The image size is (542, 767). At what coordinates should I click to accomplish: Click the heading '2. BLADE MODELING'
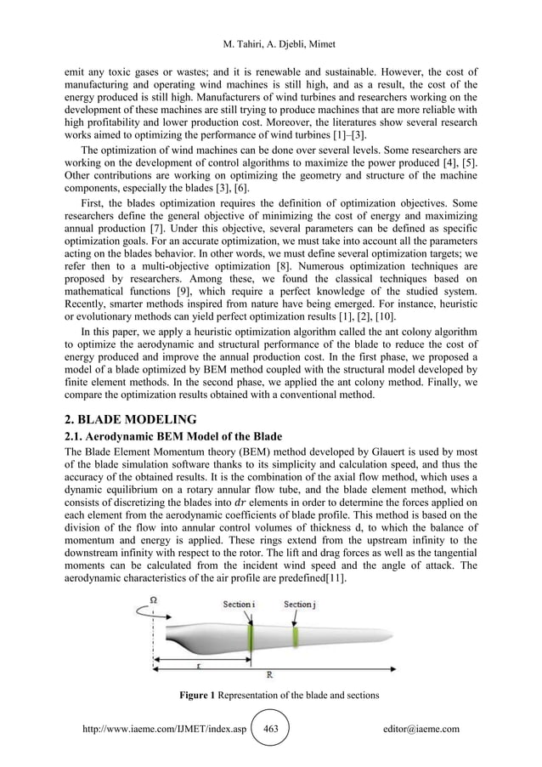pyautogui.click(x=133, y=418)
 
